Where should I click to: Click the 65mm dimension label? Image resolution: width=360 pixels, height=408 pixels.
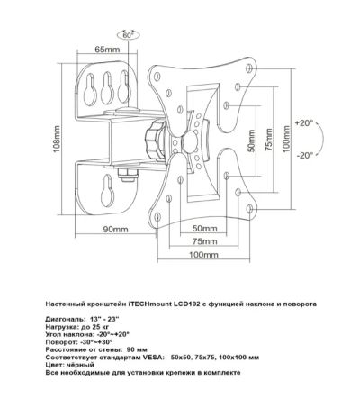(x=107, y=50)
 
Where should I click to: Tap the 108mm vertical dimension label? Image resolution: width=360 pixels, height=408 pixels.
(x=57, y=140)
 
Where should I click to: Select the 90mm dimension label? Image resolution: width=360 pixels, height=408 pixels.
(x=115, y=230)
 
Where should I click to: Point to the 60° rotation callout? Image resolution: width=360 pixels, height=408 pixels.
(x=128, y=35)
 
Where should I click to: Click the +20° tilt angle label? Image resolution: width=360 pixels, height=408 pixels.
(x=304, y=123)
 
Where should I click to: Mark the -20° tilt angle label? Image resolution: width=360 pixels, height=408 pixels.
(x=305, y=155)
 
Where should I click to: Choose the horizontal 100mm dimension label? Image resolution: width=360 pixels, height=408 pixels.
(x=203, y=255)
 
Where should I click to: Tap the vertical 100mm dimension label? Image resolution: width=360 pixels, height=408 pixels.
(x=287, y=139)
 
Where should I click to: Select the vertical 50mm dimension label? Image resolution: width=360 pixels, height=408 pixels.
(x=251, y=141)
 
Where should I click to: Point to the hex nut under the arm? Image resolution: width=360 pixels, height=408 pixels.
(x=128, y=176)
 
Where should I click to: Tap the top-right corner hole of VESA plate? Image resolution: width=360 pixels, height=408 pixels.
(x=248, y=68)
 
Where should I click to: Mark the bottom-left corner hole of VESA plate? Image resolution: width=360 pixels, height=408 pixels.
(x=157, y=217)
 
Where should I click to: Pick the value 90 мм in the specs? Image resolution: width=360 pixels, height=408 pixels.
(x=137, y=349)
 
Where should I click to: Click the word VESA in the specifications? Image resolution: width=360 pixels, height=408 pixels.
(x=156, y=358)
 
